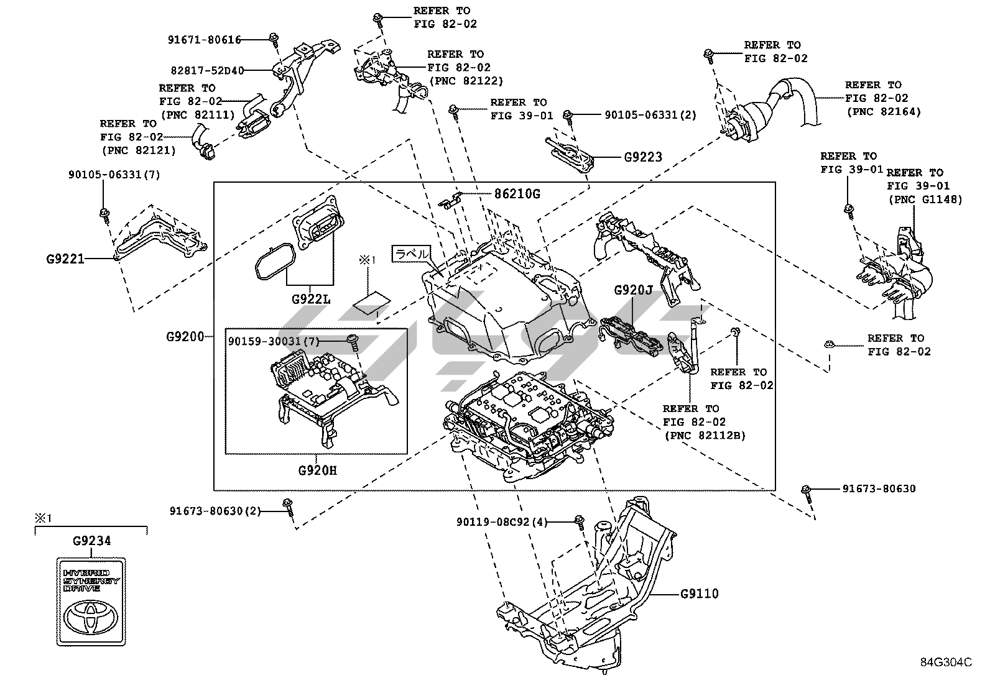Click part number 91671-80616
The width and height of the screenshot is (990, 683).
pyautogui.click(x=204, y=40)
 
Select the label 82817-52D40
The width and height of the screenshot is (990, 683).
pyautogui.click(x=207, y=70)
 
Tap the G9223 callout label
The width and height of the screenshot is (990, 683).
pyautogui.click(x=643, y=157)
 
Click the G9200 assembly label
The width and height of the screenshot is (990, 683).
pyautogui.click(x=185, y=337)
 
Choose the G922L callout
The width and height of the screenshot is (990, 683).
pyautogui.click(x=311, y=300)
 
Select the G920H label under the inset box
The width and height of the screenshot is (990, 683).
pyautogui.click(x=317, y=470)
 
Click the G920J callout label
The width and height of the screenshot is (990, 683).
pyautogui.click(x=633, y=290)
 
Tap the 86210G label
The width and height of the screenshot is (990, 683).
pyautogui.click(x=517, y=194)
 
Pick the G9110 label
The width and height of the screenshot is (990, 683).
pyautogui.click(x=700, y=594)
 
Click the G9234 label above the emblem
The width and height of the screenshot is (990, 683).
pyautogui.click(x=91, y=541)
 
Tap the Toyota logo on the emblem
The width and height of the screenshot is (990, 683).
pyautogui.click(x=91, y=615)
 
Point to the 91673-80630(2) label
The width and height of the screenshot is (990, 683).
pyautogui.click(x=215, y=511)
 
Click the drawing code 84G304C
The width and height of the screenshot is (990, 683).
pyautogui.click(x=946, y=662)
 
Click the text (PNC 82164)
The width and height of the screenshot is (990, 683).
pyautogui.click(x=884, y=112)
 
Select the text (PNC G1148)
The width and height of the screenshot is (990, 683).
pyautogui.click(x=925, y=199)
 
